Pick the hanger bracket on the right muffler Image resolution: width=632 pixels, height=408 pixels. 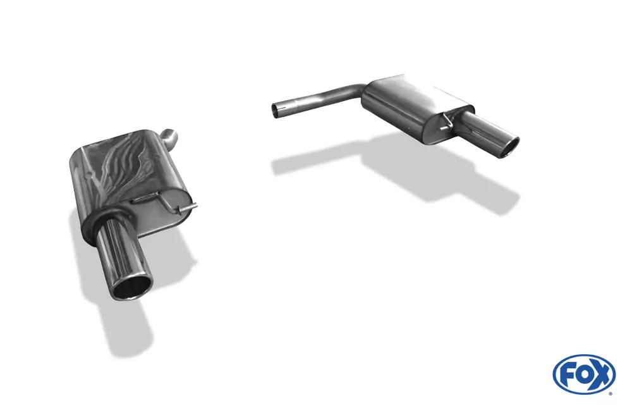(x=448, y=120)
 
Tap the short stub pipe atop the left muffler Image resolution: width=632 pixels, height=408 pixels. (x=171, y=134)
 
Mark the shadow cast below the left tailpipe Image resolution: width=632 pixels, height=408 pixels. (x=126, y=329)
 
